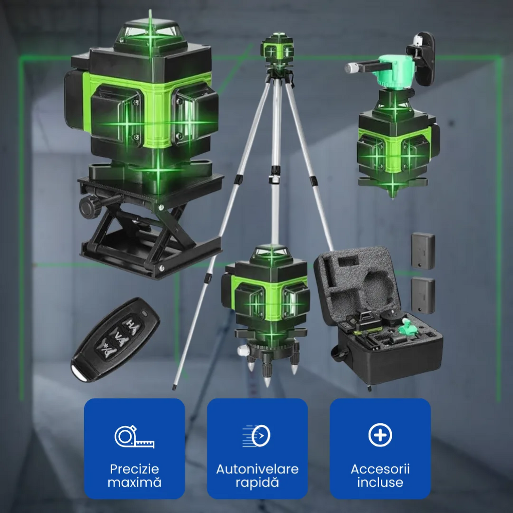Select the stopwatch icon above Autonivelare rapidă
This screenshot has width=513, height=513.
pos(257,435)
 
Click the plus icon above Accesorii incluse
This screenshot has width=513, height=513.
pos(380,435)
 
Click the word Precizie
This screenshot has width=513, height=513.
pos(134,469)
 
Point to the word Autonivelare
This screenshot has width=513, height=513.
pos(257,469)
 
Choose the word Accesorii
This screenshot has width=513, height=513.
pos(380,469)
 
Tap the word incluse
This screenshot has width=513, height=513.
pos(380,482)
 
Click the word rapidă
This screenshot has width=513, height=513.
pos(257,482)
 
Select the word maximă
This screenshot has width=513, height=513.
pos(134,482)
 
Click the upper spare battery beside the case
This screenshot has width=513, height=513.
pos(423,251)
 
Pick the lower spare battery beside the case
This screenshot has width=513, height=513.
pos(423,295)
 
